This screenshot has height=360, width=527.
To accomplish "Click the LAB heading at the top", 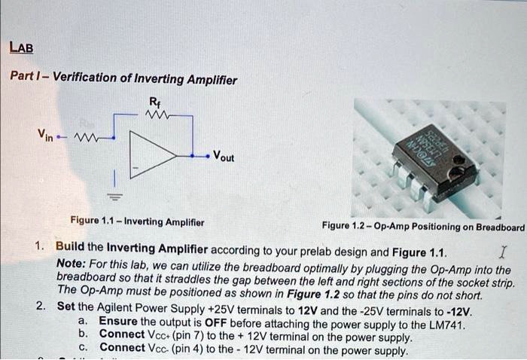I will tap(21, 49).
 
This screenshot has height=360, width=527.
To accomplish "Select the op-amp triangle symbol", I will tap(153, 157).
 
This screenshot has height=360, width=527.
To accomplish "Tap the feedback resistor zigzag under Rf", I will tap(158, 115).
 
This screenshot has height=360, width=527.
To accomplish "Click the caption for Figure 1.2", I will tap(422, 227).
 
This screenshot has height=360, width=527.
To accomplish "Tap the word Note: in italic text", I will tap(71, 263).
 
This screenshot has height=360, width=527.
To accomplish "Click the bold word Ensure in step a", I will tap(118, 321).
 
